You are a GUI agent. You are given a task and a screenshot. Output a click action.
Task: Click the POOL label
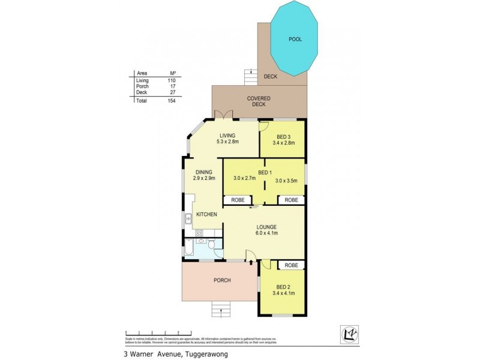[x=294, y=40]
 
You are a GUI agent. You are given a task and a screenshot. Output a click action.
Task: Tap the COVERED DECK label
[x=259, y=101]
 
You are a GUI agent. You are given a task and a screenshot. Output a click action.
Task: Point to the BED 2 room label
[x=281, y=290]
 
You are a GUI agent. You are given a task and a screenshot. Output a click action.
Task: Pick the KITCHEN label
[x=205, y=214]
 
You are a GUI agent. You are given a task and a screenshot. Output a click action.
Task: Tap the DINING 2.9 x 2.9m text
[x=203, y=176]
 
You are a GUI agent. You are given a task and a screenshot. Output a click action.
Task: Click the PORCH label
[x=221, y=280]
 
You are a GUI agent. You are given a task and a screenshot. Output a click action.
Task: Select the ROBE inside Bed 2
[x=292, y=265]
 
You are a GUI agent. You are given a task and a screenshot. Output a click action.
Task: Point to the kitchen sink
[x=188, y=218]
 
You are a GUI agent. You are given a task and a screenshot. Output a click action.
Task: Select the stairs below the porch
[x=221, y=308]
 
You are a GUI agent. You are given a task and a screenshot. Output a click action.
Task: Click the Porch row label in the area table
[x=142, y=86]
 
